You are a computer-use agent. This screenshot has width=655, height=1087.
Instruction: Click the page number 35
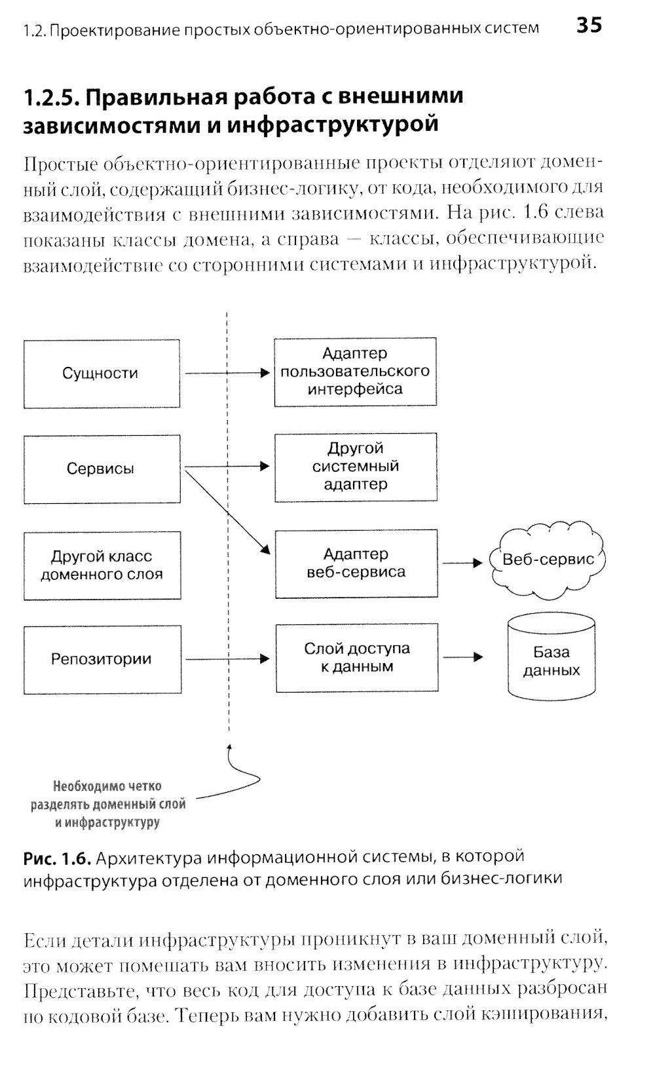tap(589, 26)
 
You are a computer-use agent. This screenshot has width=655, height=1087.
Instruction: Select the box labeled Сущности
tap(102, 373)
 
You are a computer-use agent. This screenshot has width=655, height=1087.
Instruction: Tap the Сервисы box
tap(102, 469)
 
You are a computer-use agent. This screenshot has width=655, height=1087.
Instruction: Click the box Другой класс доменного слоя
tap(102, 565)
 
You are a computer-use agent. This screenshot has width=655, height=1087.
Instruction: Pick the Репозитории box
tap(102, 659)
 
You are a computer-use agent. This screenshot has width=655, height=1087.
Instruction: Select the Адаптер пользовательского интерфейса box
tap(355, 372)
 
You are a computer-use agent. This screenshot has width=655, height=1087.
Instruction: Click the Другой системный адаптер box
tap(356, 467)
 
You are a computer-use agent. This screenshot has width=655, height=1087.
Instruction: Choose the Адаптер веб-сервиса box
tap(356, 563)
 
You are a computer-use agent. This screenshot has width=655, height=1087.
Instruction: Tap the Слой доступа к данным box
tap(356, 658)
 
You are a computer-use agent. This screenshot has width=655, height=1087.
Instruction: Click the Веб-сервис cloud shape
tap(548, 560)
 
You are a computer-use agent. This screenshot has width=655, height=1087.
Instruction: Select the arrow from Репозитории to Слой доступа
tap(227, 659)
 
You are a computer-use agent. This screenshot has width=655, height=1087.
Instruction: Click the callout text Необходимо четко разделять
tap(108, 804)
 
